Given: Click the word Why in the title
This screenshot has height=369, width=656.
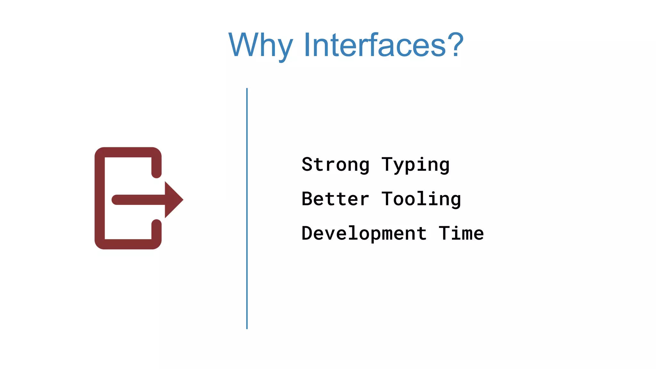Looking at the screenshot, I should click(x=260, y=45).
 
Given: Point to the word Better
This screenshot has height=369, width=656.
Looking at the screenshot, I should click(x=335, y=199).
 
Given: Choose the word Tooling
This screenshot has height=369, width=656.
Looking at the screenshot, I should click(x=421, y=199).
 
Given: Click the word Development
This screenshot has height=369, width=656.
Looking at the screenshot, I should click(x=364, y=234).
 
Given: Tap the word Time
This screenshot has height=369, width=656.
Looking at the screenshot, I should click(x=461, y=234).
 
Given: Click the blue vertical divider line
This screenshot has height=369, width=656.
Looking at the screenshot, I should click(x=247, y=208).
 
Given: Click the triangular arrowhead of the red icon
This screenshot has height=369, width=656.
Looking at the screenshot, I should click(x=173, y=200).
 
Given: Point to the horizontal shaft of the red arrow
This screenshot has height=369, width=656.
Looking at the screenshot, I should click(x=138, y=200).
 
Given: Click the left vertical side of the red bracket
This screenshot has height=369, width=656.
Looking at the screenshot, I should click(x=100, y=199).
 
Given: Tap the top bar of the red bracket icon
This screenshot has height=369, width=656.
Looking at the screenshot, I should click(x=128, y=152).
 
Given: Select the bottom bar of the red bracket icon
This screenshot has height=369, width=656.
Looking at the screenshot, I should click(x=128, y=244).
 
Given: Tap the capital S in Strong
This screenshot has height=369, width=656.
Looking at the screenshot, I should click(x=307, y=165).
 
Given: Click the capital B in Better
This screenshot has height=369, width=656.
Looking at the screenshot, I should click(x=307, y=199).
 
